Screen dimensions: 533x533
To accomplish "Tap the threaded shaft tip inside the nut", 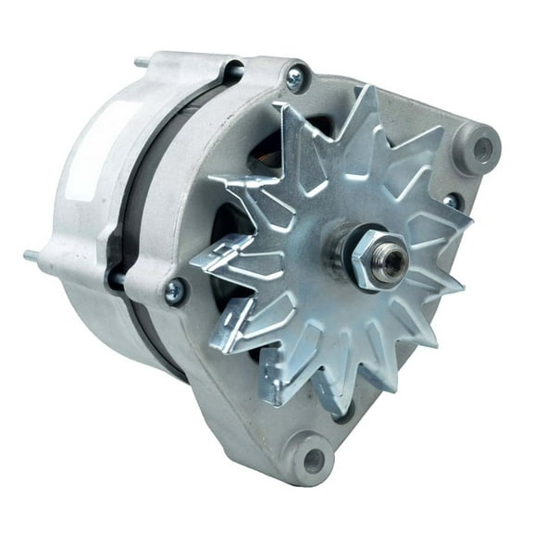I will click(390, 262).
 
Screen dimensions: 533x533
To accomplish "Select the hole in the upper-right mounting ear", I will click(482, 147).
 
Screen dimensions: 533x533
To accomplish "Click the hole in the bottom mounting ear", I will click(315, 458).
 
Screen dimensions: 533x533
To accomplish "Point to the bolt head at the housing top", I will click(296, 79).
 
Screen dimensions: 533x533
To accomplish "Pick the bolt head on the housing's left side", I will click(173, 291).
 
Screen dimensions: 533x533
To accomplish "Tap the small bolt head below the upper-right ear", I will click(452, 201).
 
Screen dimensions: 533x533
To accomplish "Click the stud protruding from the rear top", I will click(141, 64).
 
